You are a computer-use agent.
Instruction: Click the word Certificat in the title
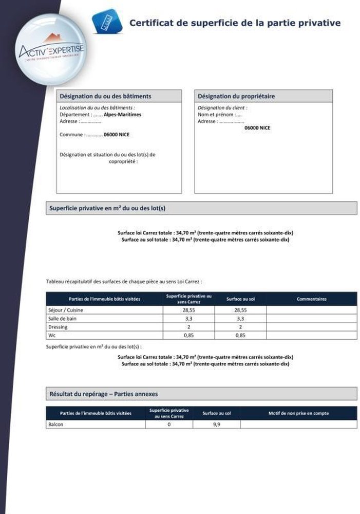[x=149, y=23]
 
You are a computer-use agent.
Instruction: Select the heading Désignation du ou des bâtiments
[x=105, y=96]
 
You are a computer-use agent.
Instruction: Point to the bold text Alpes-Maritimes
[x=122, y=115]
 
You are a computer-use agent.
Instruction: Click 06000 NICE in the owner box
[x=257, y=127]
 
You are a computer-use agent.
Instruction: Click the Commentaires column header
[x=311, y=299]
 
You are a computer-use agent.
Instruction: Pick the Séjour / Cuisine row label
[x=65, y=310]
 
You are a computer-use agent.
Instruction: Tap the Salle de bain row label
[x=62, y=319]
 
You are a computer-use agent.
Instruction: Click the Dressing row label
[x=58, y=327]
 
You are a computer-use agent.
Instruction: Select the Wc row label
[x=51, y=335]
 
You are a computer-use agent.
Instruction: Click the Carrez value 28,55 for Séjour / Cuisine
[x=189, y=310]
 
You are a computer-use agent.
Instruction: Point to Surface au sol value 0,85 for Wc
[x=240, y=335]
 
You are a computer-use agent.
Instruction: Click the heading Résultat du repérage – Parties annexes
[x=103, y=394]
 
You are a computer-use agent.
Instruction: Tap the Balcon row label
[x=55, y=425]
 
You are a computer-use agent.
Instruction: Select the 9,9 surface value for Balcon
[x=216, y=425]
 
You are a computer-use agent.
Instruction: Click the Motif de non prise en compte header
[x=298, y=413]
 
